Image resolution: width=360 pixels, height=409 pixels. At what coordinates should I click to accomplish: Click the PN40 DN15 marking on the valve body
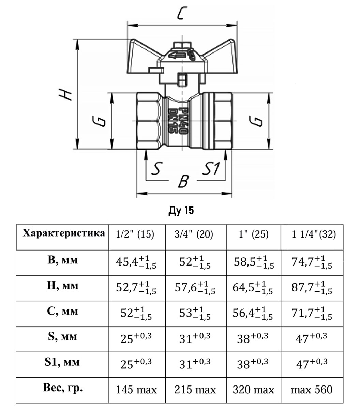[177, 121]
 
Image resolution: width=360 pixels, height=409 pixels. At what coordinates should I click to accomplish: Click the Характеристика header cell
[63, 233]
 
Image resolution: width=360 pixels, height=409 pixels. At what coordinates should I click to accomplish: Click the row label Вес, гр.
[63, 388]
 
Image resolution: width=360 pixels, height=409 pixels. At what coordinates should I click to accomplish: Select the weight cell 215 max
[195, 389]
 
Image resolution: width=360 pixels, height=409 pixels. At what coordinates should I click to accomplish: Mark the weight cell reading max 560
[311, 389]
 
